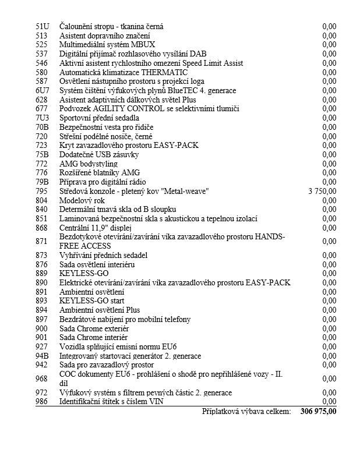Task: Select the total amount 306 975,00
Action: click(319, 412)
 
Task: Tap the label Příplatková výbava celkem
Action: click(246, 412)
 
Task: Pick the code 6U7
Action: click(42, 90)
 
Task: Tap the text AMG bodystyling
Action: click(89, 164)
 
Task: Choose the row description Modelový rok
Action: click(82, 200)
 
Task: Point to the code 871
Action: click(41, 241)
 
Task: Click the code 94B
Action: click(42, 356)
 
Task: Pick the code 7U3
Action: click(42, 118)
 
